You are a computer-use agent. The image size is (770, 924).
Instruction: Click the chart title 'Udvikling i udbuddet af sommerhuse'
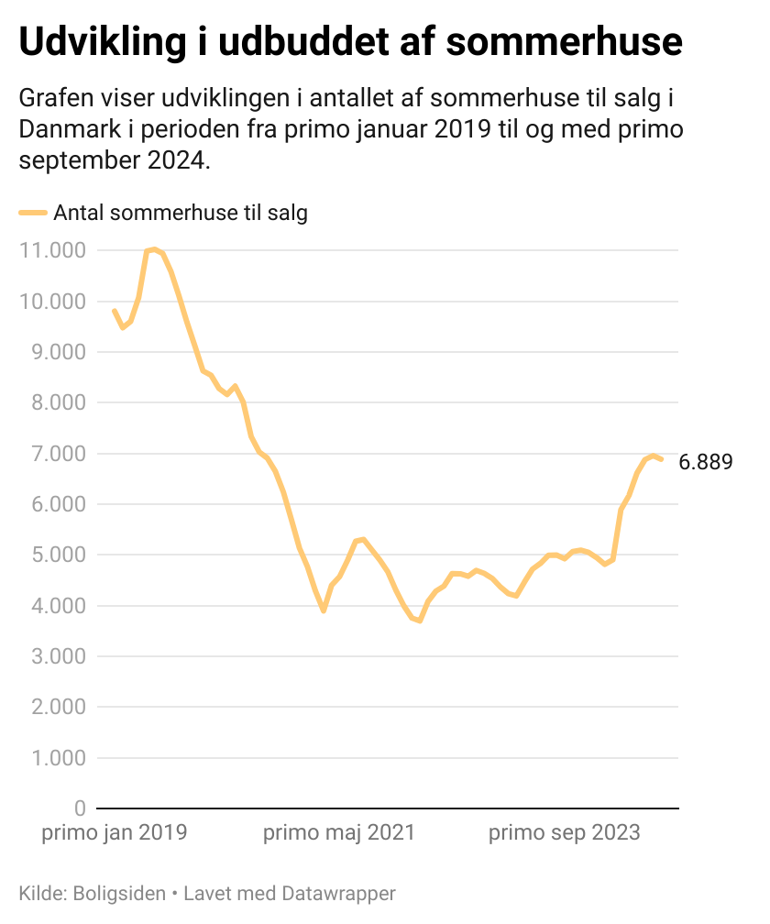point(350,42)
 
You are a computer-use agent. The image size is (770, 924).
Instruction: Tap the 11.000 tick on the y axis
point(52,250)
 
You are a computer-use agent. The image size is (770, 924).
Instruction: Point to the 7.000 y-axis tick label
point(57,454)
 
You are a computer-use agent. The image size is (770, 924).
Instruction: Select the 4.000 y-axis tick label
point(57,606)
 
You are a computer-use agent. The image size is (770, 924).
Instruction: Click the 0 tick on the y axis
point(79,808)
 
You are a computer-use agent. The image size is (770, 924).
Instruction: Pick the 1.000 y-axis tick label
point(57,758)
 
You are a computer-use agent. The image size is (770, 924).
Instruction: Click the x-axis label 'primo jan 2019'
point(115,833)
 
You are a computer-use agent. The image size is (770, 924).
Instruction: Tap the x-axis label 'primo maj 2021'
point(339,833)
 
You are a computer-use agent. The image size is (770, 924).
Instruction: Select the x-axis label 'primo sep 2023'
point(564,833)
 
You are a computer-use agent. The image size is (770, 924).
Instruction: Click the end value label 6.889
point(705,462)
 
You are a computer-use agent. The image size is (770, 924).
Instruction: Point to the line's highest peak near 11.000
point(154,249)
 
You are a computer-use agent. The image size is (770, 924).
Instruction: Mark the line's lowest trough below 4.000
point(420,621)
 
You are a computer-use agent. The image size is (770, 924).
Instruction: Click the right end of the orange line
point(661,459)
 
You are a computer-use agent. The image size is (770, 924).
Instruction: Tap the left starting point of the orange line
point(114,310)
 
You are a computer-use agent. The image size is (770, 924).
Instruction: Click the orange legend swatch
point(32,213)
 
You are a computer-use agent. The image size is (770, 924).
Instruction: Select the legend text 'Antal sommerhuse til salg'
point(181,213)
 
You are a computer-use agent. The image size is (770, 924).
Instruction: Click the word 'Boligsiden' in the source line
point(120,893)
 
